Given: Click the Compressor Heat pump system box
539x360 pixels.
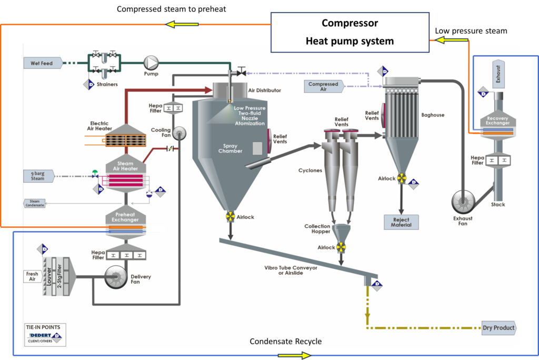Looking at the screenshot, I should pyautogui.click(x=350, y=32).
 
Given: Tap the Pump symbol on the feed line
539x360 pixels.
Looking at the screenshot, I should pyautogui.click(x=152, y=63).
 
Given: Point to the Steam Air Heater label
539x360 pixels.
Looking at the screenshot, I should pyautogui.click(x=126, y=165).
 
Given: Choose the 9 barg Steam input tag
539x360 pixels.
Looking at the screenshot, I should pyautogui.click(x=38, y=176).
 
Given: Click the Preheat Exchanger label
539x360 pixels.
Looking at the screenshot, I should pyautogui.click(x=125, y=217).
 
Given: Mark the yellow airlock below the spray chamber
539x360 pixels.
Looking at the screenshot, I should pyautogui.click(x=230, y=216).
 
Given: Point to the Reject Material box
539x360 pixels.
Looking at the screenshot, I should pyautogui.click(x=401, y=222).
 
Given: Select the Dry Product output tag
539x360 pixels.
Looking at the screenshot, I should pyautogui.click(x=498, y=328).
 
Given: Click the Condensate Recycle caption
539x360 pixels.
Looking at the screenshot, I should pyautogui.click(x=285, y=342).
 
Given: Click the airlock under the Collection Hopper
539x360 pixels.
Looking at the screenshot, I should pyautogui.click(x=341, y=247).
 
